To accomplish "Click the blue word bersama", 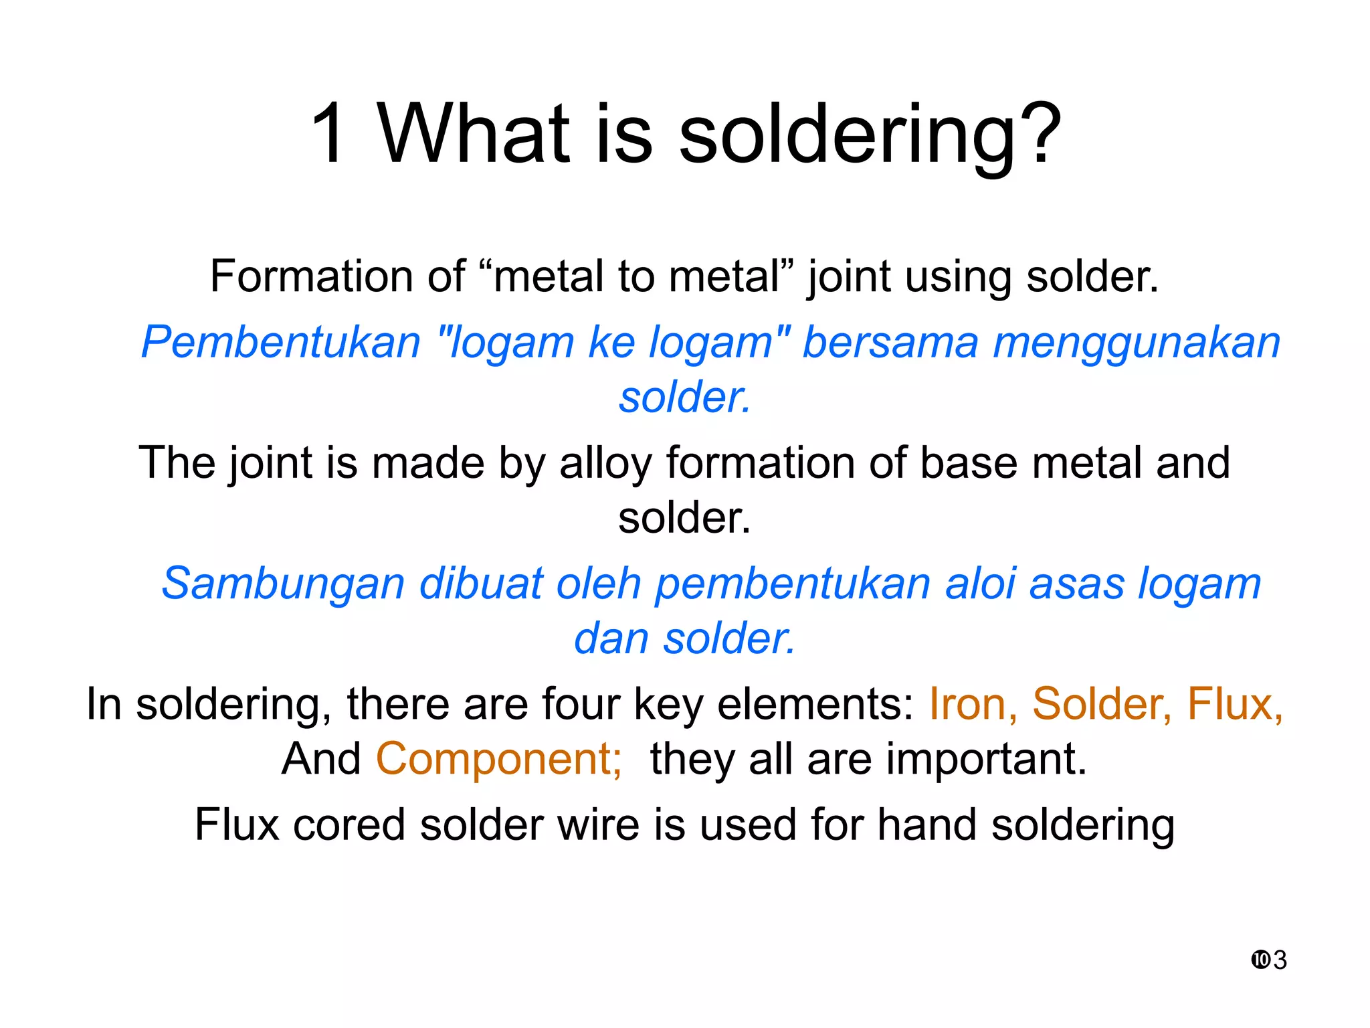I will point(890,343).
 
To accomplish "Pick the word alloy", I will point(605,464).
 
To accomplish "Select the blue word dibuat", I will point(481,584).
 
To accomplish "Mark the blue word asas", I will point(1076,584).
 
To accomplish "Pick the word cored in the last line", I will point(349,825).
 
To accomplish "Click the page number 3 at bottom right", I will point(1280,960).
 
